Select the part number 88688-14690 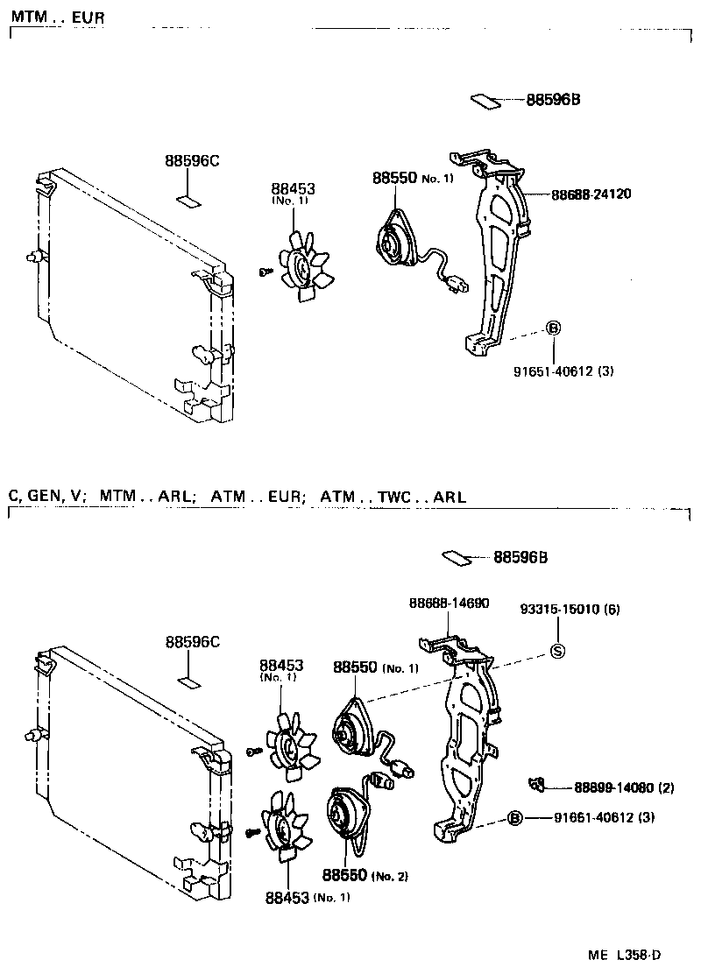point(449,603)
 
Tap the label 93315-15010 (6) point(570,609)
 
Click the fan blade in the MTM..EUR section point(303,265)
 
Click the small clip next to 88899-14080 point(537,782)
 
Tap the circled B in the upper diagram point(553,328)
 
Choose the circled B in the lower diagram point(515,818)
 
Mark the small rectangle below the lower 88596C point(189,681)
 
